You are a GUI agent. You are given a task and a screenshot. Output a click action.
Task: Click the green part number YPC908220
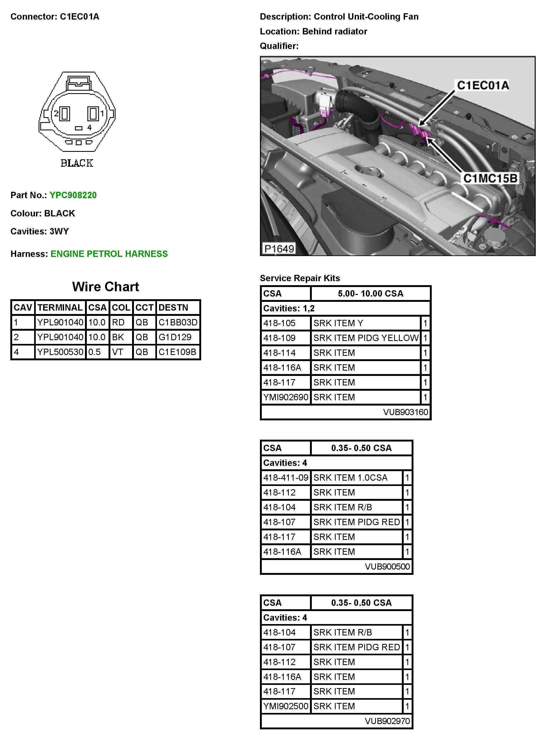pyautogui.click(x=73, y=195)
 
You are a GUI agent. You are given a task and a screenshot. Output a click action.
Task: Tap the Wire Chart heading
pyautogui.click(x=105, y=287)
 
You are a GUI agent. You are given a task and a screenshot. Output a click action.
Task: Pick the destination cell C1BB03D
pyautogui.click(x=178, y=322)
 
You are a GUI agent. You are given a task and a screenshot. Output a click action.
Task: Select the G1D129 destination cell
pyautogui.click(x=175, y=337)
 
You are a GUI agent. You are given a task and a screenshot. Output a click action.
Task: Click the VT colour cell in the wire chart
pyautogui.click(x=117, y=352)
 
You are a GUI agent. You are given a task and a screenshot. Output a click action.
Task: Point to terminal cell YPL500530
pyautogui.click(x=60, y=352)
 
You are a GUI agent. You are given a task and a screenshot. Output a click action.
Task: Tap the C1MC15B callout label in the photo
pyautogui.click(x=490, y=178)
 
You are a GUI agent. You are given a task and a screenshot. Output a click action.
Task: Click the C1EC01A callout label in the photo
pyautogui.click(x=483, y=85)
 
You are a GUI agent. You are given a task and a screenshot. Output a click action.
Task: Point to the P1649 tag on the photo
pyautogui.click(x=279, y=248)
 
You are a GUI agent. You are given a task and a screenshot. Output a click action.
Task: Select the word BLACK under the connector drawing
pyautogui.click(x=77, y=163)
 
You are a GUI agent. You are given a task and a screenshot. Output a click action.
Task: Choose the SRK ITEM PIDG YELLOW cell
pyautogui.click(x=366, y=338)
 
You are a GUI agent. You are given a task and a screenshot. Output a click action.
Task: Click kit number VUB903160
pyautogui.click(x=406, y=412)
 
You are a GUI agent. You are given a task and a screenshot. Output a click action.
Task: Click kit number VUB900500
pyautogui.click(x=387, y=566)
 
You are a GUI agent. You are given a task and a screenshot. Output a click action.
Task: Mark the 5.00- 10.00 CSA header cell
pyautogui.click(x=371, y=294)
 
